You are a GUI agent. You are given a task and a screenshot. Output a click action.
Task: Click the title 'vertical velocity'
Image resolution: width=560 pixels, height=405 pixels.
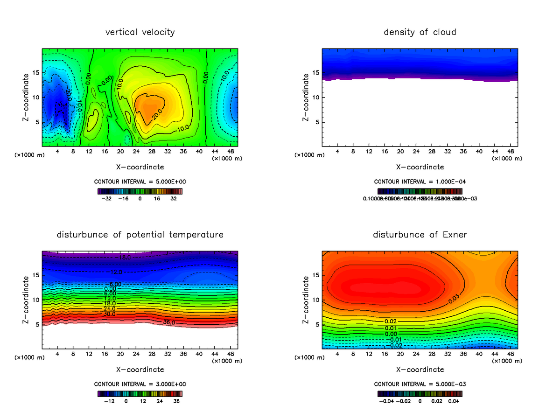140,32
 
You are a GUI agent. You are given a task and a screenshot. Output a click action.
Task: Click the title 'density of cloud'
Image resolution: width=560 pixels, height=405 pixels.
420,32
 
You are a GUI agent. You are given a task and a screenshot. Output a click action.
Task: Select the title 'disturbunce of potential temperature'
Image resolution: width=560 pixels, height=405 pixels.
140,235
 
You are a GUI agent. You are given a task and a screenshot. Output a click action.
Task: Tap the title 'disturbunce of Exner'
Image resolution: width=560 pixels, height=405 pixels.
420,235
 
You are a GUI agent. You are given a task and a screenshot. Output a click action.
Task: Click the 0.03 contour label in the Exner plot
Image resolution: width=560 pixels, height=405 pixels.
454,300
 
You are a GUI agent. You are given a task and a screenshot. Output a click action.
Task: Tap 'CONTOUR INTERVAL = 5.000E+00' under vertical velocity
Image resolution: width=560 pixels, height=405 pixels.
140,182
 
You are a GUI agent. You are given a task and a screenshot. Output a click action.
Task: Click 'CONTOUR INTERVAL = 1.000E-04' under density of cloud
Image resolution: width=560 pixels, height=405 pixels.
420,182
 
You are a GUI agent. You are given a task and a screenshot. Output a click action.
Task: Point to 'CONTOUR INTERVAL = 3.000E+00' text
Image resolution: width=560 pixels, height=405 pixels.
140,384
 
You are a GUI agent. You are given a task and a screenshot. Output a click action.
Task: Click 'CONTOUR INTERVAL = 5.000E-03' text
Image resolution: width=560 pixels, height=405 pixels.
420,384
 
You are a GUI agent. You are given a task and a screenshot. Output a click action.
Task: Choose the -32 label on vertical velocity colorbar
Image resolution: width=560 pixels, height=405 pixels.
108,198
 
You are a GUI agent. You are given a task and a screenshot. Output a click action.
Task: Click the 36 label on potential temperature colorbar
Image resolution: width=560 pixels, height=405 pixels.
176,400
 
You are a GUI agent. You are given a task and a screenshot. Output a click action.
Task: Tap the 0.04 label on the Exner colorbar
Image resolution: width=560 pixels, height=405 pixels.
454,400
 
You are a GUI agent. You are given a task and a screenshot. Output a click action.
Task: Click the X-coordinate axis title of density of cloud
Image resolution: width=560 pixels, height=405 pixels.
420,167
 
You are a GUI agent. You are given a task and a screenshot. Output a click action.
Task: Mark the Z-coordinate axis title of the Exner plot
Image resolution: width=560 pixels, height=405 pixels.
306,300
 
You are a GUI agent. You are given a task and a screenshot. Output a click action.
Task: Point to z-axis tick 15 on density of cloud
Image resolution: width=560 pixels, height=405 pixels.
316,73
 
